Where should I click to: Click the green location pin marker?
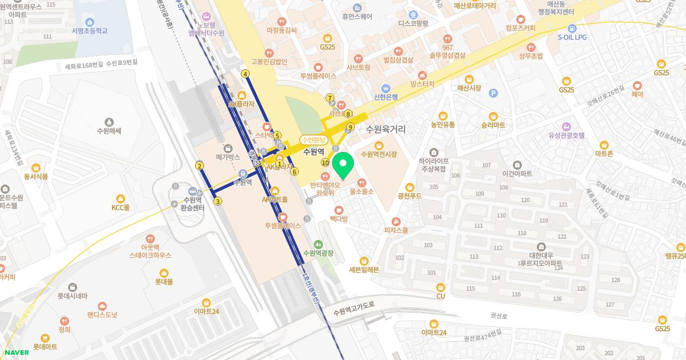342,166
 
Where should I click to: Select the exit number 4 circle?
245,74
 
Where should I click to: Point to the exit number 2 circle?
200,166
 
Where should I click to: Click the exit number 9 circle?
350,127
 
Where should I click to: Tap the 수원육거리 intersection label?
385,129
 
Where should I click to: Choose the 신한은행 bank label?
386,97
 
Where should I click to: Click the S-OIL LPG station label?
572,37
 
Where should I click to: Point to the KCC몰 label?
121,207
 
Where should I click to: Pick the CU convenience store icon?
440,287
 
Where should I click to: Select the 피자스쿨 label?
396,230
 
